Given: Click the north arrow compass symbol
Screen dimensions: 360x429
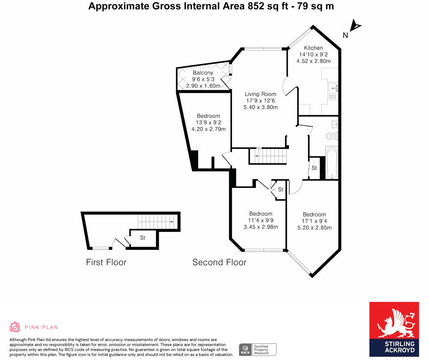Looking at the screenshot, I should coord(355,27).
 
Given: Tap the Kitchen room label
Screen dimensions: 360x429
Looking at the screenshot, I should coord(313,48).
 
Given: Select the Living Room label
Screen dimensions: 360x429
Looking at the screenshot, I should coord(260,94).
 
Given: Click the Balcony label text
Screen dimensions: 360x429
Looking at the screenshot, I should coord(203,73).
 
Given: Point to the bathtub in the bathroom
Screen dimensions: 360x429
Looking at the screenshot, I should coord(331,162).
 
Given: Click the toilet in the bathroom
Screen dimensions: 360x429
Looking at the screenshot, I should coord(332,135).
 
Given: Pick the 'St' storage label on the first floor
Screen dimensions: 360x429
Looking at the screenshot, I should coord(142,238).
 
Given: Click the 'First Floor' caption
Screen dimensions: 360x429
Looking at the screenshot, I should coord(106,262).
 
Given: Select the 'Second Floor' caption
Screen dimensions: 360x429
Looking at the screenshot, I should coord(219,262).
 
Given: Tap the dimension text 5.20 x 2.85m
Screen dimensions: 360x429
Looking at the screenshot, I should coord(314,228).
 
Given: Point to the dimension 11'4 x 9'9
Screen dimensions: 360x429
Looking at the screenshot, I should coord(261,221).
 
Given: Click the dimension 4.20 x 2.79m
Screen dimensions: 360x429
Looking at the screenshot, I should coord(209,129).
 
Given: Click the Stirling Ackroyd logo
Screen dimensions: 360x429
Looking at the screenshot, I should coord(394,329).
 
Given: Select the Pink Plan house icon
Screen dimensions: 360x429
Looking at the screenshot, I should coord(15,327).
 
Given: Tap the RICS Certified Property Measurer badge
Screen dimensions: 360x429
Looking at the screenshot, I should coord(258,349).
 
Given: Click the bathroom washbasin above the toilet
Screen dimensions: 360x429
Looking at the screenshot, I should coord(334,124).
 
